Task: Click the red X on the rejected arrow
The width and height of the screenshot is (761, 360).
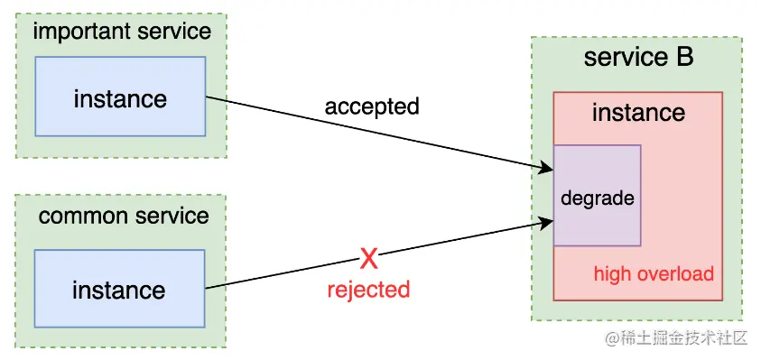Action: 368,260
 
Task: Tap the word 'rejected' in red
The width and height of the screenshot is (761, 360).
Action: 368,290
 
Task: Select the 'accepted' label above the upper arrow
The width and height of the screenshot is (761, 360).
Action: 372,106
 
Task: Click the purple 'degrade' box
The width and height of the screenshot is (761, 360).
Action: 598,196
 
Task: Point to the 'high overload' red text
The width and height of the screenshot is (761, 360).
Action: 654,273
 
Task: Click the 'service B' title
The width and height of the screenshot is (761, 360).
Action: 638,58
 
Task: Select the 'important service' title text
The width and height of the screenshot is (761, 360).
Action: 122,32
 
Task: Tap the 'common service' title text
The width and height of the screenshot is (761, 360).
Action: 124,217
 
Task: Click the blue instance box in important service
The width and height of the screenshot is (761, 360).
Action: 120,97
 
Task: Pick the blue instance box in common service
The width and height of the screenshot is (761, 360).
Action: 119,290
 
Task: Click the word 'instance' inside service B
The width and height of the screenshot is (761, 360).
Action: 638,113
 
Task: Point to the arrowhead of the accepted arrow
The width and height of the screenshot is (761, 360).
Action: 547,168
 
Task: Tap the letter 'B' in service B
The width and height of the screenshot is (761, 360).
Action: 684,58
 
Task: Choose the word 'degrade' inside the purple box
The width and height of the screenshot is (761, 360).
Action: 598,198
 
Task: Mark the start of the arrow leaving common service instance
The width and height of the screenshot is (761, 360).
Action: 208,289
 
